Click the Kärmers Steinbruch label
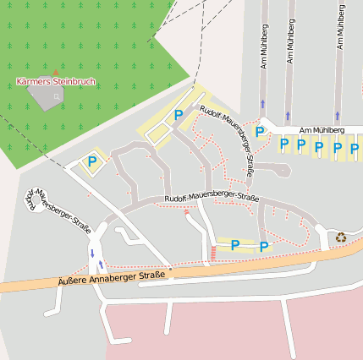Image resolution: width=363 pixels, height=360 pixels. coord(56,82)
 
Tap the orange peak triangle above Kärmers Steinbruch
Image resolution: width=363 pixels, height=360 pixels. coord(56,73)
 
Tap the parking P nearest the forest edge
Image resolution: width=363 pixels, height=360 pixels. coord(91,161)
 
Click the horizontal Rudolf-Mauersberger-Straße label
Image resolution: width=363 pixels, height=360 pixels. coord(212,198)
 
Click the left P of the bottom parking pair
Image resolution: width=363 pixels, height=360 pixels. coord(235,246)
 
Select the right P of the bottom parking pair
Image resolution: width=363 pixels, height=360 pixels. coord(264,246)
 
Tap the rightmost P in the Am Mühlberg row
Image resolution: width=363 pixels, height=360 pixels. coord(355,149)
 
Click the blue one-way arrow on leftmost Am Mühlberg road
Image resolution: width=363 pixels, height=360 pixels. coord(263,104)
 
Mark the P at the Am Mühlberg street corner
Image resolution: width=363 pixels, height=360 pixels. coord(260,131)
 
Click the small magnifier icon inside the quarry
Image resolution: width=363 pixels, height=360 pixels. coord(57,96)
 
